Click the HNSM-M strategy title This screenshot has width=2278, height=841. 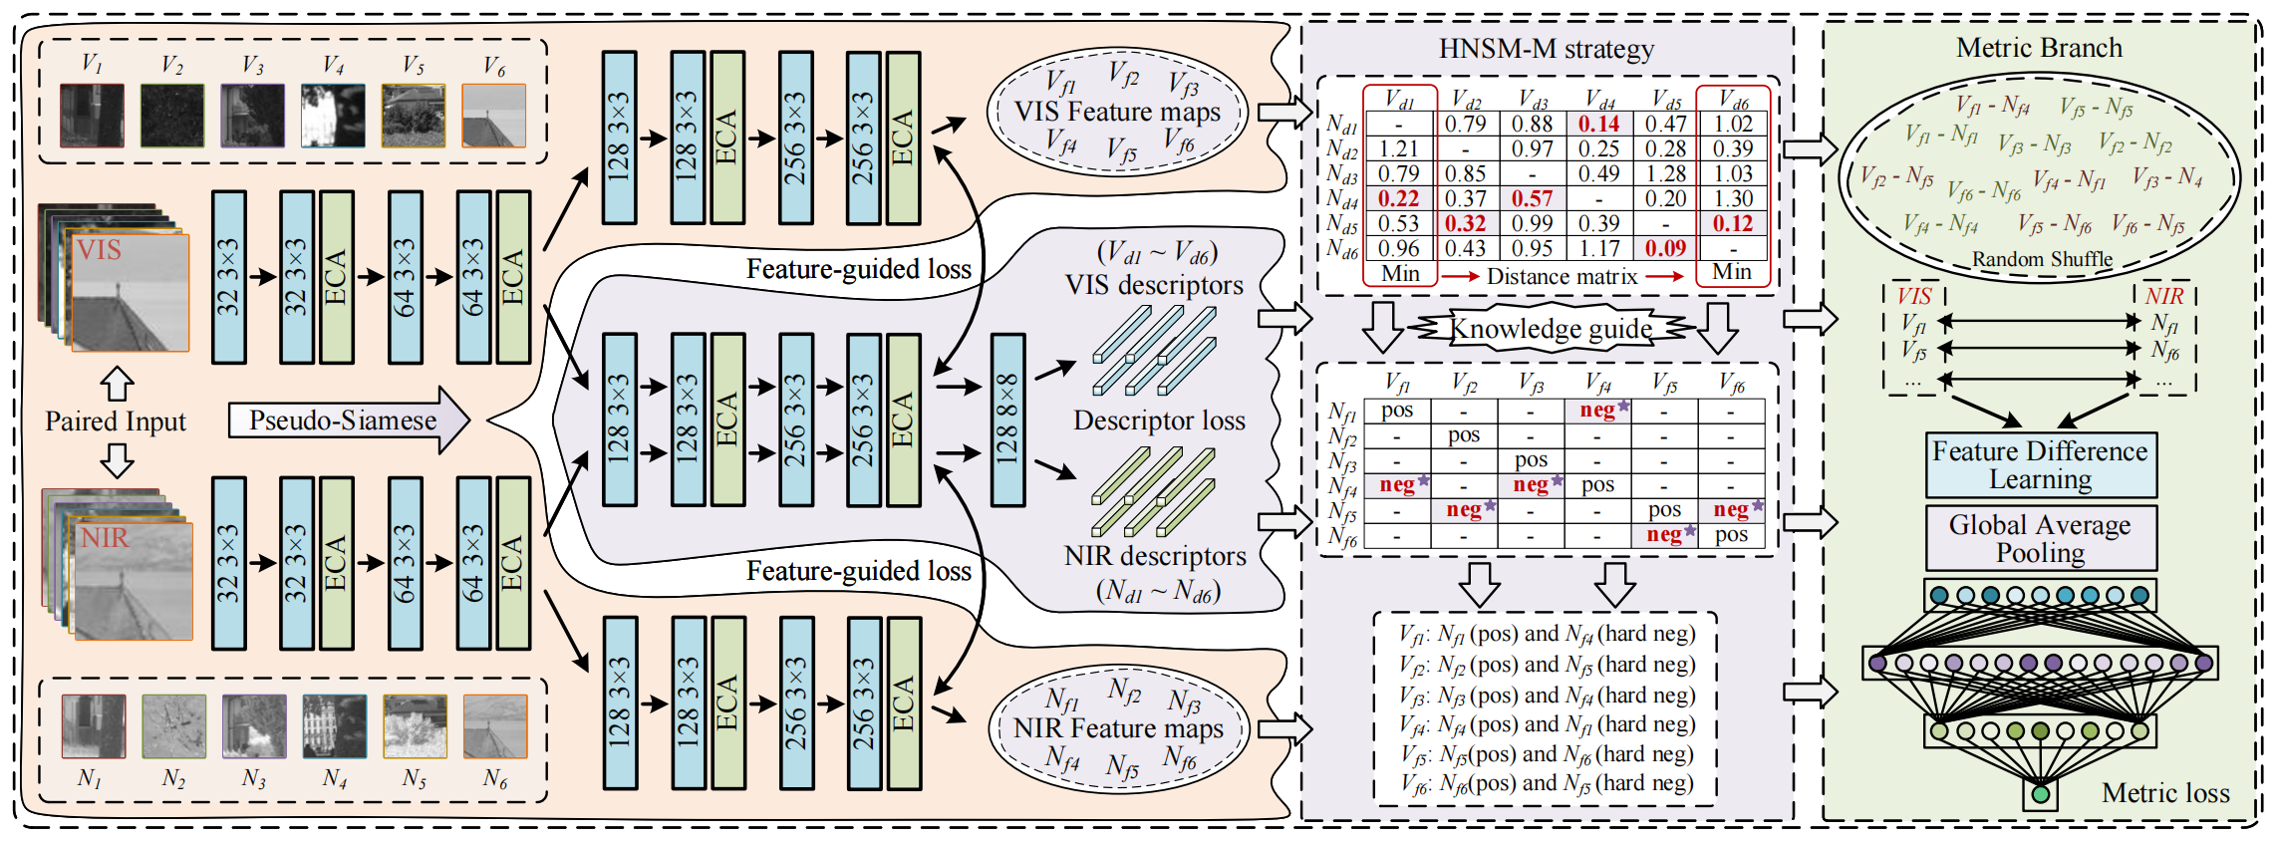coord(1546,49)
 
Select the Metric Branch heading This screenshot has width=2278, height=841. coord(2039,48)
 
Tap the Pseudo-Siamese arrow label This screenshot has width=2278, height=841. coord(344,420)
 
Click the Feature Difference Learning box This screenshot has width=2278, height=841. coord(2040,465)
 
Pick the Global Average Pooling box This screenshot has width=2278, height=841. coord(2040,538)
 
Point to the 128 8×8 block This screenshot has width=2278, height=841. coord(1007,420)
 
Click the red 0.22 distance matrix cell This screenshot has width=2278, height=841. coord(1399,199)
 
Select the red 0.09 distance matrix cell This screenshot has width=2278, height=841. coord(1665,248)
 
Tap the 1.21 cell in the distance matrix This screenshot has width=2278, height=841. coord(1399,149)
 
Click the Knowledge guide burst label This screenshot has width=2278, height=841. coord(1551,328)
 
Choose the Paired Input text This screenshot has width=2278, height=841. coord(116,421)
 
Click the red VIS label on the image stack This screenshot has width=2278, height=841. coord(99,250)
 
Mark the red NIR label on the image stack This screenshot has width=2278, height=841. coord(105,538)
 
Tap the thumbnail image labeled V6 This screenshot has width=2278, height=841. coord(494,116)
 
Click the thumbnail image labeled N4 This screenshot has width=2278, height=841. coord(334,726)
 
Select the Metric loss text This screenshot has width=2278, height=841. coord(2165,793)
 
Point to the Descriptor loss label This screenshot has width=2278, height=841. coord(1159,420)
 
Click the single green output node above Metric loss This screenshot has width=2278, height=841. coord(2040,794)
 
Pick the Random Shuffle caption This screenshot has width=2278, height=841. coord(2042,259)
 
